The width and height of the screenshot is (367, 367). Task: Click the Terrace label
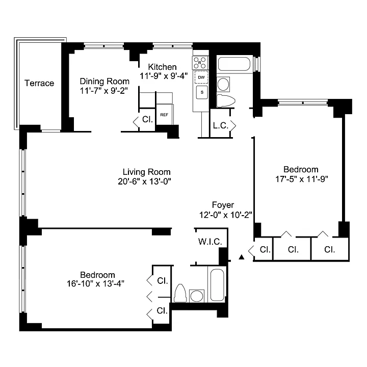tap(39, 83)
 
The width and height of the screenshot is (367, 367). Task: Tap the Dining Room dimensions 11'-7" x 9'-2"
tap(104, 91)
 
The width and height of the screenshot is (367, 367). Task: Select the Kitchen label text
tap(162, 67)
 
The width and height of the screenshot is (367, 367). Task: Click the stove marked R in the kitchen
tap(200, 63)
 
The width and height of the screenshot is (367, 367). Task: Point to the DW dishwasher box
tap(201, 77)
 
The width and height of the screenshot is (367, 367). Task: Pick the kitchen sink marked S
tap(202, 92)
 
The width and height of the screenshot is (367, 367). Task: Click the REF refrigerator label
tap(164, 115)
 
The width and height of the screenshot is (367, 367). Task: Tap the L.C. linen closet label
tap(221, 126)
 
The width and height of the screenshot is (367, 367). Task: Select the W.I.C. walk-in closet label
tap(210, 242)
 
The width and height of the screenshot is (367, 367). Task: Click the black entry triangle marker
tap(242, 257)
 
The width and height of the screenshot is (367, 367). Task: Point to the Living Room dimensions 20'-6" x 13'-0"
tap(144, 181)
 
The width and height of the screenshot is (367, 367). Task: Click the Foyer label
tap(223, 205)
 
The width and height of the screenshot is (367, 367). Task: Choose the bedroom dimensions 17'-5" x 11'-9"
tap(301, 179)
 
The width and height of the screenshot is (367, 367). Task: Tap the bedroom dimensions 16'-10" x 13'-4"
tap(95, 284)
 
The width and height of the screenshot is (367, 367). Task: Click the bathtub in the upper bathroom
tap(234, 64)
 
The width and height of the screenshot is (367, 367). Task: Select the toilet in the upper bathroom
tap(226, 101)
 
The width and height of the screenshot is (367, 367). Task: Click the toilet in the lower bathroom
tap(180, 293)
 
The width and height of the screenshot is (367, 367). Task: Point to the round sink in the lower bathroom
tap(197, 296)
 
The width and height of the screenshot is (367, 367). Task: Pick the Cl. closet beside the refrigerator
tap(147, 119)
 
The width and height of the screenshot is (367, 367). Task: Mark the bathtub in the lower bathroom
tap(217, 285)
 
